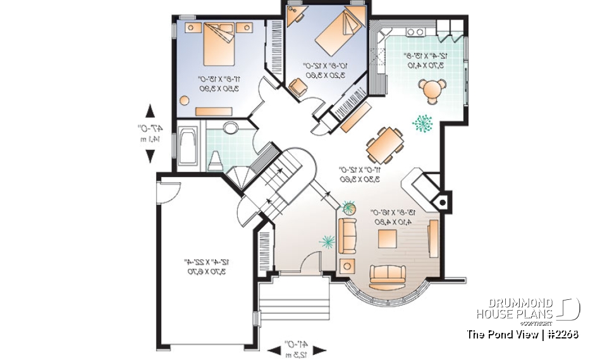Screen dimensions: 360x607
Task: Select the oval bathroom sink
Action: (230, 128)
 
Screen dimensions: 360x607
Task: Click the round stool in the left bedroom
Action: (185, 100)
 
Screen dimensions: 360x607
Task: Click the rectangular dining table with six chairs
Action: (384, 145)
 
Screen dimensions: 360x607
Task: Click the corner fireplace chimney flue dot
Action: (443, 202)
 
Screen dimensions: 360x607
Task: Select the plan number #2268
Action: (563, 334)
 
